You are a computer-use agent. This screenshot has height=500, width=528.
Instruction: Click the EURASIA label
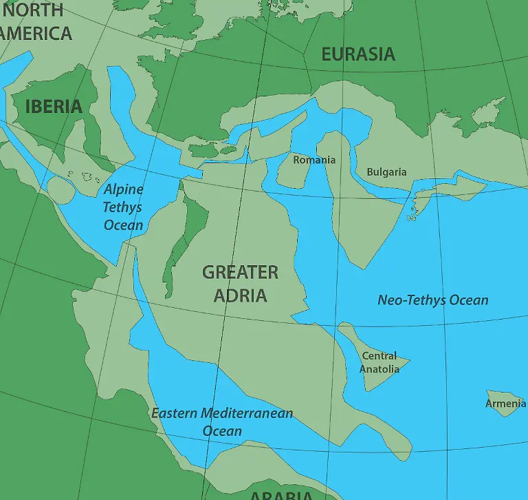click(358, 54)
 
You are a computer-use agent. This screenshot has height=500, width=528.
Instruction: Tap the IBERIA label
click(54, 107)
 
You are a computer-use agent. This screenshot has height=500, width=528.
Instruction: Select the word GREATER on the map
click(240, 273)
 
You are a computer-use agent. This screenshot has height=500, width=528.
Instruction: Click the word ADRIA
click(240, 295)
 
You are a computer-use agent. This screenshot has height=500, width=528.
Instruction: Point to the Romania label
click(314, 160)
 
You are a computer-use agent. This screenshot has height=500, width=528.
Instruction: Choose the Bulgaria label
click(386, 172)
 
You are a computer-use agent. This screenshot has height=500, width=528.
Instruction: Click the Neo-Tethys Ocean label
click(433, 300)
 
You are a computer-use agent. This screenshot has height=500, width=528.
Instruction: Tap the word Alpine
click(124, 189)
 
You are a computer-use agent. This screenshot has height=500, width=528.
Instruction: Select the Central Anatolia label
click(379, 362)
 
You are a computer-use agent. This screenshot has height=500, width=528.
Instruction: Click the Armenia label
click(505, 403)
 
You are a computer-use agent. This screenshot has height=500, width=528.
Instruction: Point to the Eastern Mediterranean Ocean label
click(222, 421)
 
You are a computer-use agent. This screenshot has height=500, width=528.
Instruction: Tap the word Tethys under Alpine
click(123, 207)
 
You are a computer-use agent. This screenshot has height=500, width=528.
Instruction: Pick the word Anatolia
click(379, 369)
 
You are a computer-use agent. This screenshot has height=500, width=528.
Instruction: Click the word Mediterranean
click(246, 413)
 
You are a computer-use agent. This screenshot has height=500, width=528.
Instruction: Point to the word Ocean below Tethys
click(124, 225)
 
